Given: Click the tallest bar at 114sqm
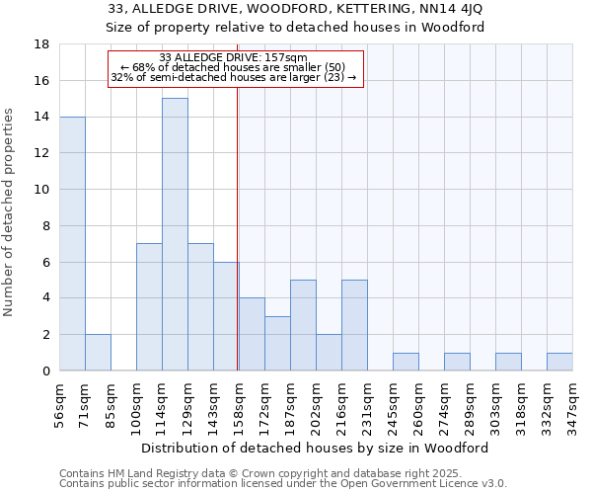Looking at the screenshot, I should point(175,234).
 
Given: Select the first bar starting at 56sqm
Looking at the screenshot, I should point(72,243).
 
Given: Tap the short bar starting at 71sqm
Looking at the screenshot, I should point(98,353).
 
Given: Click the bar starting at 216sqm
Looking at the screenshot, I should point(354,325).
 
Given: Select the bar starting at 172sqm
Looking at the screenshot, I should point(277,343).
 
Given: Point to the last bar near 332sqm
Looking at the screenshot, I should point(559,362).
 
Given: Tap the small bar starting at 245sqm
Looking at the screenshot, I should point(406,362).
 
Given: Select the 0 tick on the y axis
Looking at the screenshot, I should point(46,371).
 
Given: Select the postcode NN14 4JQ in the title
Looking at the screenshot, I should point(449,9).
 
